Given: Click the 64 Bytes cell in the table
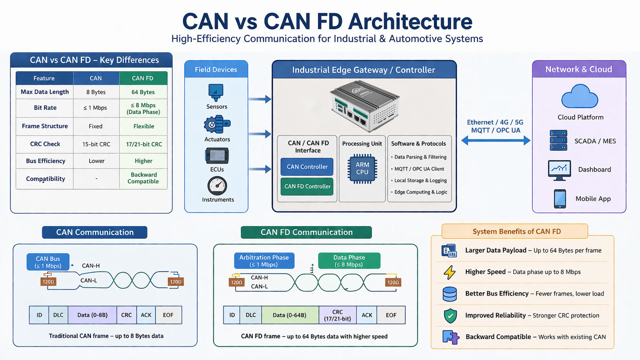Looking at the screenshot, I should [143, 92].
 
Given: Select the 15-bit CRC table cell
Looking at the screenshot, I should [96, 144].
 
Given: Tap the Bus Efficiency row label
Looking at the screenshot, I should [45, 161].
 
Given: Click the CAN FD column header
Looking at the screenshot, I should [143, 78].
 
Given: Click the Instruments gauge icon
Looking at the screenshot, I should [217, 186].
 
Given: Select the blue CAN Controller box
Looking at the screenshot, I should [307, 167].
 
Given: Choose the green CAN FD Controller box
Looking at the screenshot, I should [307, 187].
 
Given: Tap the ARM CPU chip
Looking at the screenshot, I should [362, 169].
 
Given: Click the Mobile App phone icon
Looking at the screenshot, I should [560, 199].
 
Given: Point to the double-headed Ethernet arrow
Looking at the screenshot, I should [496, 141].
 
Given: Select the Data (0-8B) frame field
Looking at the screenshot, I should [92, 315].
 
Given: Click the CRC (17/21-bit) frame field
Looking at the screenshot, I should [337, 315].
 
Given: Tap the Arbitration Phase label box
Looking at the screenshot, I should [264, 261].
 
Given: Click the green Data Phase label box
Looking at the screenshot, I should [349, 261].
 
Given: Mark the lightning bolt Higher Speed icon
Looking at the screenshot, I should [450, 272].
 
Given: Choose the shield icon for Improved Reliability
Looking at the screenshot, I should [450, 316].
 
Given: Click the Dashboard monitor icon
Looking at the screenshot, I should [559, 170].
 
